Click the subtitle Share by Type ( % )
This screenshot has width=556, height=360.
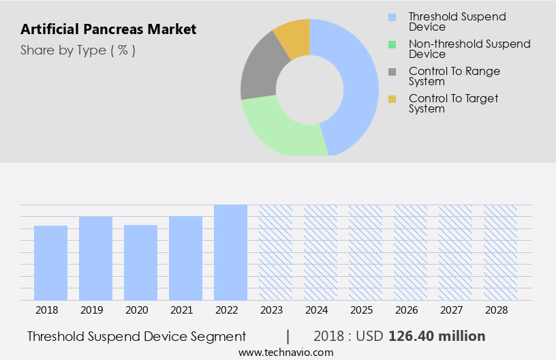click(x=78, y=50)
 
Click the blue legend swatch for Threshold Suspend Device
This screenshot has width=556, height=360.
click(x=392, y=17)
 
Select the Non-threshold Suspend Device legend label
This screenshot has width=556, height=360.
click(x=469, y=49)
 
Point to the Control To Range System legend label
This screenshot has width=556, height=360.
click(x=454, y=76)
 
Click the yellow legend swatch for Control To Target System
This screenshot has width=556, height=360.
click(x=392, y=99)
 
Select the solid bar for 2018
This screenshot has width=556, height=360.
click(x=50, y=262)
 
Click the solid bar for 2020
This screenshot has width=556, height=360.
click(x=140, y=262)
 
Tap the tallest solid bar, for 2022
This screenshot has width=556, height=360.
click(x=230, y=252)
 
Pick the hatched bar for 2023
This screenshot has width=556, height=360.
click(x=275, y=252)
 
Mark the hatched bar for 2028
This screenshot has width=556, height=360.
click(x=500, y=252)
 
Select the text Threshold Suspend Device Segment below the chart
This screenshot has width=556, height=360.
click(x=136, y=336)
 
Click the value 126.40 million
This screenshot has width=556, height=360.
click(x=437, y=336)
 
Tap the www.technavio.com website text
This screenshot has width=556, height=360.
click(x=286, y=352)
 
